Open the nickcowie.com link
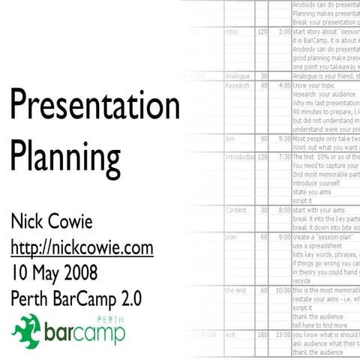pyautogui.click(x=82, y=247)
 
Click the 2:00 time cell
pyautogui.click(x=282, y=33)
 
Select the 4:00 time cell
pyautogui.click(x=282, y=85)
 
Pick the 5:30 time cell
pyautogui.click(x=282, y=139)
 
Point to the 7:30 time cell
pyautogui.click(x=282, y=157)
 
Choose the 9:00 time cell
pyautogui.click(x=282, y=237)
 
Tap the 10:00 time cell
pyautogui.click(x=280, y=290)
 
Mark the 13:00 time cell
pyautogui.click(x=280, y=334)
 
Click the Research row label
pyautogui.click(x=238, y=85)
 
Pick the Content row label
pyautogui.click(x=235, y=210)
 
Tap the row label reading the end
pyautogui.click(x=235, y=290)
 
